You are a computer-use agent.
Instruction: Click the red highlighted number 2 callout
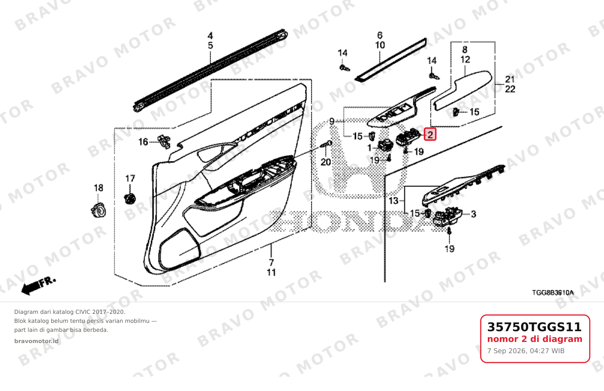pyautogui.click(x=430, y=134)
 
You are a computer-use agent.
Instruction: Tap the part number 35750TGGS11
pyautogui.click(x=534, y=327)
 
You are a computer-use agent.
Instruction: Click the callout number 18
pyautogui.click(x=99, y=188)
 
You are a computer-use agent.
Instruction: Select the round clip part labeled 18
pyautogui.click(x=99, y=210)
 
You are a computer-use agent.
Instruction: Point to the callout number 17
pyautogui.click(x=130, y=178)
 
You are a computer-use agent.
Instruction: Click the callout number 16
pyautogui.click(x=143, y=142)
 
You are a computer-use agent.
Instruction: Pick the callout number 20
pyautogui.click(x=326, y=162)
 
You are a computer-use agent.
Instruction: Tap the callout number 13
pyautogui.click(x=393, y=201)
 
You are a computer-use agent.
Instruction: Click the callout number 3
pyautogui.click(x=474, y=214)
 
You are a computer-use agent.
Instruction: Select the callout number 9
pyautogui.click(x=332, y=121)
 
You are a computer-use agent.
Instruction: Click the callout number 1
pyautogui.click(x=369, y=148)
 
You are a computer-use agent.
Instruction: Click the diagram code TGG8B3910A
pyautogui.click(x=553, y=293)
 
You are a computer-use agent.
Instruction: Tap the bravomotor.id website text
pyautogui.click(x=36, y=341)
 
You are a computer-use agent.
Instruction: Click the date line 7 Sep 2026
pyautogui.click(x=526, y=351)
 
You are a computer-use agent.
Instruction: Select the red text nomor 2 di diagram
pyautogui.click(x=535, y=339)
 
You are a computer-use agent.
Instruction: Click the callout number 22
pyautogui.click(x=510, y=89)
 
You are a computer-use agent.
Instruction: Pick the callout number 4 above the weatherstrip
pyautogui.click(x=210, y=36)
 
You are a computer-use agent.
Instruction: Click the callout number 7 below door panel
pyautogui.click(x=271, y=263)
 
